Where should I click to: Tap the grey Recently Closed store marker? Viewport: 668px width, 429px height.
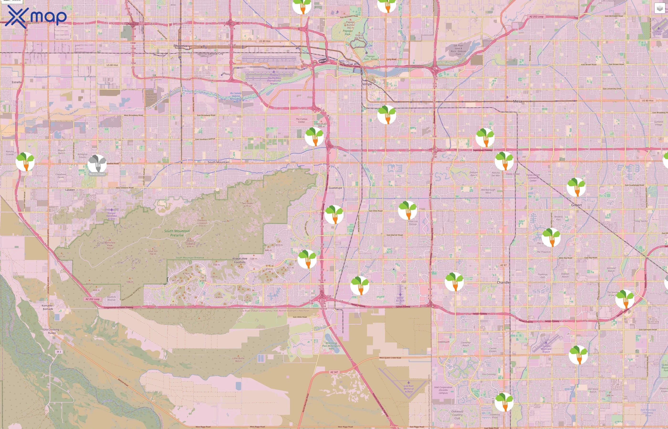[x=97, y=164]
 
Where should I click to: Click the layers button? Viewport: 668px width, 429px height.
[x=659, y=8]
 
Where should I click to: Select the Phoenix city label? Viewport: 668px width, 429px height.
[x=180, y=46]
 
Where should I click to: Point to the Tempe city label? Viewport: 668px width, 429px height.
[x=367, y=84]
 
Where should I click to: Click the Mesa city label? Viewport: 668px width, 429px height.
[x=517, y=101]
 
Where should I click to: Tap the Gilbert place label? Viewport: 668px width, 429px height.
[x=576, y=205]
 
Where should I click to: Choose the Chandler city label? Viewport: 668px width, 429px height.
[x=504, y=282]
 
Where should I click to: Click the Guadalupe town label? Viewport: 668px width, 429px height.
[x=335, y=188]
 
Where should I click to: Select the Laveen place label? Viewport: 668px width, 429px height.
[x=70, y=190]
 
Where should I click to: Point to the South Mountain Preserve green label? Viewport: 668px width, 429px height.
[x=177, y=233]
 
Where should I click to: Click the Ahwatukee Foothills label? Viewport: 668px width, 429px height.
[x=240, y=260]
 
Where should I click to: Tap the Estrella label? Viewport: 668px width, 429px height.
[x=17, y=82]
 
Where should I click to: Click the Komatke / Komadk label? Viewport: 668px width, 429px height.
[x=48, y=307]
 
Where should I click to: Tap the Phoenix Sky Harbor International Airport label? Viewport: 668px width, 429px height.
[x=274, y=79]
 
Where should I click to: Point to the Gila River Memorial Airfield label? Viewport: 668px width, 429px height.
[x=408, y=389]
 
